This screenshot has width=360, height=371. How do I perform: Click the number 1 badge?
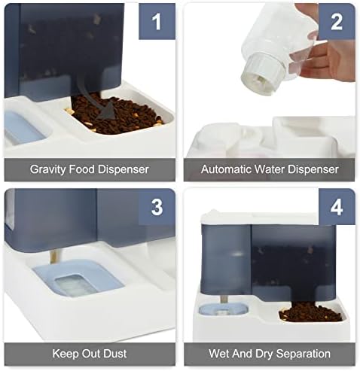[x=157, y=22]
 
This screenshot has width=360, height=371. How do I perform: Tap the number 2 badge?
[x=337, y=22]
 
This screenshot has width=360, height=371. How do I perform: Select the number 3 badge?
[x=157, y=207]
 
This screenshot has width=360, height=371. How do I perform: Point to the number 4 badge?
[x=337, y=207]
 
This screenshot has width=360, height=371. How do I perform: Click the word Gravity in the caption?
[x=47, y=169]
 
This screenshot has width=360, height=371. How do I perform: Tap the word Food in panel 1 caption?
[x=81, y=169]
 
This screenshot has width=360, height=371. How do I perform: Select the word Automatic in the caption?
[x=227, y=169]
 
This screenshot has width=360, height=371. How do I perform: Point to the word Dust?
[x=115, y=354]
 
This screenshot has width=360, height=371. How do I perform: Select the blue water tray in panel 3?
[x=78, y=278]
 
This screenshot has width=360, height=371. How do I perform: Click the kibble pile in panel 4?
[x=310, y=312]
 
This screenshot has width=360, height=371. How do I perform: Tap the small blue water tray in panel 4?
[x=223, y=310]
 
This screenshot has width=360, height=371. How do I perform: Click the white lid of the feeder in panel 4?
[x=258, y=218]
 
